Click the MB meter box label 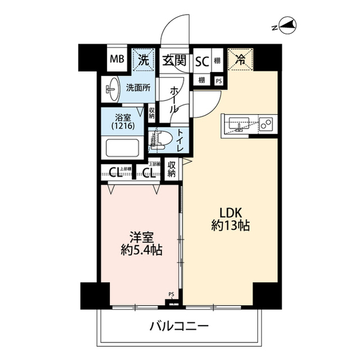tap(117, 59)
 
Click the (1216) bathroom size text tap(123, 127)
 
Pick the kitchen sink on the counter tap(239, 124)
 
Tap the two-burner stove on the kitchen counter tap(265, 123)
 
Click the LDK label tap(231, 214)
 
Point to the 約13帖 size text tap(231, 227)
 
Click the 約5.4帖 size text tap(142, 251)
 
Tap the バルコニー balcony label tap(179, 326)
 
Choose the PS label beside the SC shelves tap(219, 81)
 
